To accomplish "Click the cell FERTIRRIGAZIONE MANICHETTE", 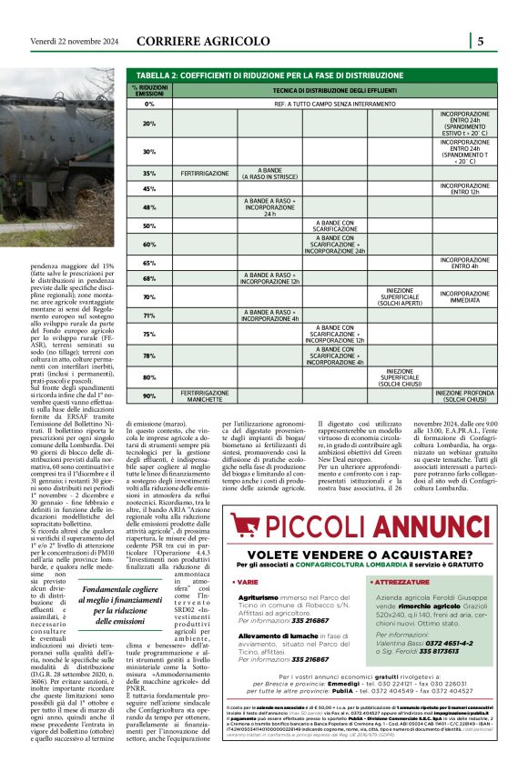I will pos(205,396).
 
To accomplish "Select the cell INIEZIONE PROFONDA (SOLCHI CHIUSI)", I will pos(464,396).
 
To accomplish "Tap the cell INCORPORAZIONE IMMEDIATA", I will pos(464,295).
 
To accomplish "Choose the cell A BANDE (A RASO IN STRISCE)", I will pos(269,172).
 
